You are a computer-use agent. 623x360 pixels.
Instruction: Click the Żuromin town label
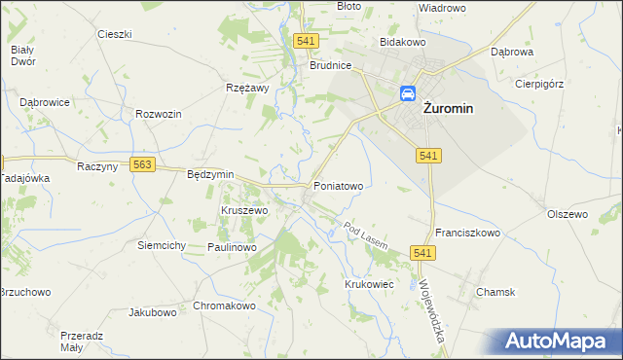tap(448, 109)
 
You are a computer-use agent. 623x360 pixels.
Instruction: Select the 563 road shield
tap(143, 165)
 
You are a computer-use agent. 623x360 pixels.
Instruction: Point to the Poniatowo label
tap(338, 185)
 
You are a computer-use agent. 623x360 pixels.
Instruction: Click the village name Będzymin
tap(210, 174)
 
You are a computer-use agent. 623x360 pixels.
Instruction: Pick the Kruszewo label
tap(244, 210)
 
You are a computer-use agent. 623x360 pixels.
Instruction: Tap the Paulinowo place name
tap(232, 248)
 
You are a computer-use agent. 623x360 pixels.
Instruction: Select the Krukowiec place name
tap(368, 283)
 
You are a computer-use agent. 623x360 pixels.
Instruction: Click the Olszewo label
tap(568, 214)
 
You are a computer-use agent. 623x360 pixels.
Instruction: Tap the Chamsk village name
tap(495, 292)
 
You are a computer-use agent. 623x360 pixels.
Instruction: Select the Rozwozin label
tap(160, 114)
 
